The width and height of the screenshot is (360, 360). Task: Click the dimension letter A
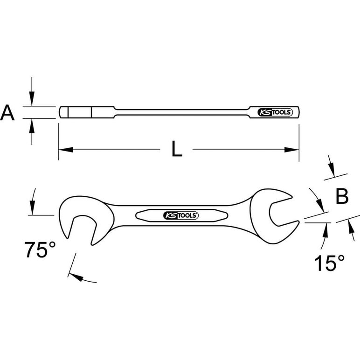[7, 112]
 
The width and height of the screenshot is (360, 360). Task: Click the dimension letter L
[177, 149]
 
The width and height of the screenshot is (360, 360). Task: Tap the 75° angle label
[40, 249]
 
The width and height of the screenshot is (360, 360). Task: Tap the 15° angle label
[330, 263]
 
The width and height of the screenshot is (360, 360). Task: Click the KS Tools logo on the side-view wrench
[275, 112]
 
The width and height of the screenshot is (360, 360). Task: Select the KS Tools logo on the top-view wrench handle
[180, 215]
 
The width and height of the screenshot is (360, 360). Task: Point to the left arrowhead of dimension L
[66, 150]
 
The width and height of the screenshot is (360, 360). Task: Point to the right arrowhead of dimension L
[291, 150]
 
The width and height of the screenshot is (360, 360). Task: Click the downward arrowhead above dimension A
[32, 99]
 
